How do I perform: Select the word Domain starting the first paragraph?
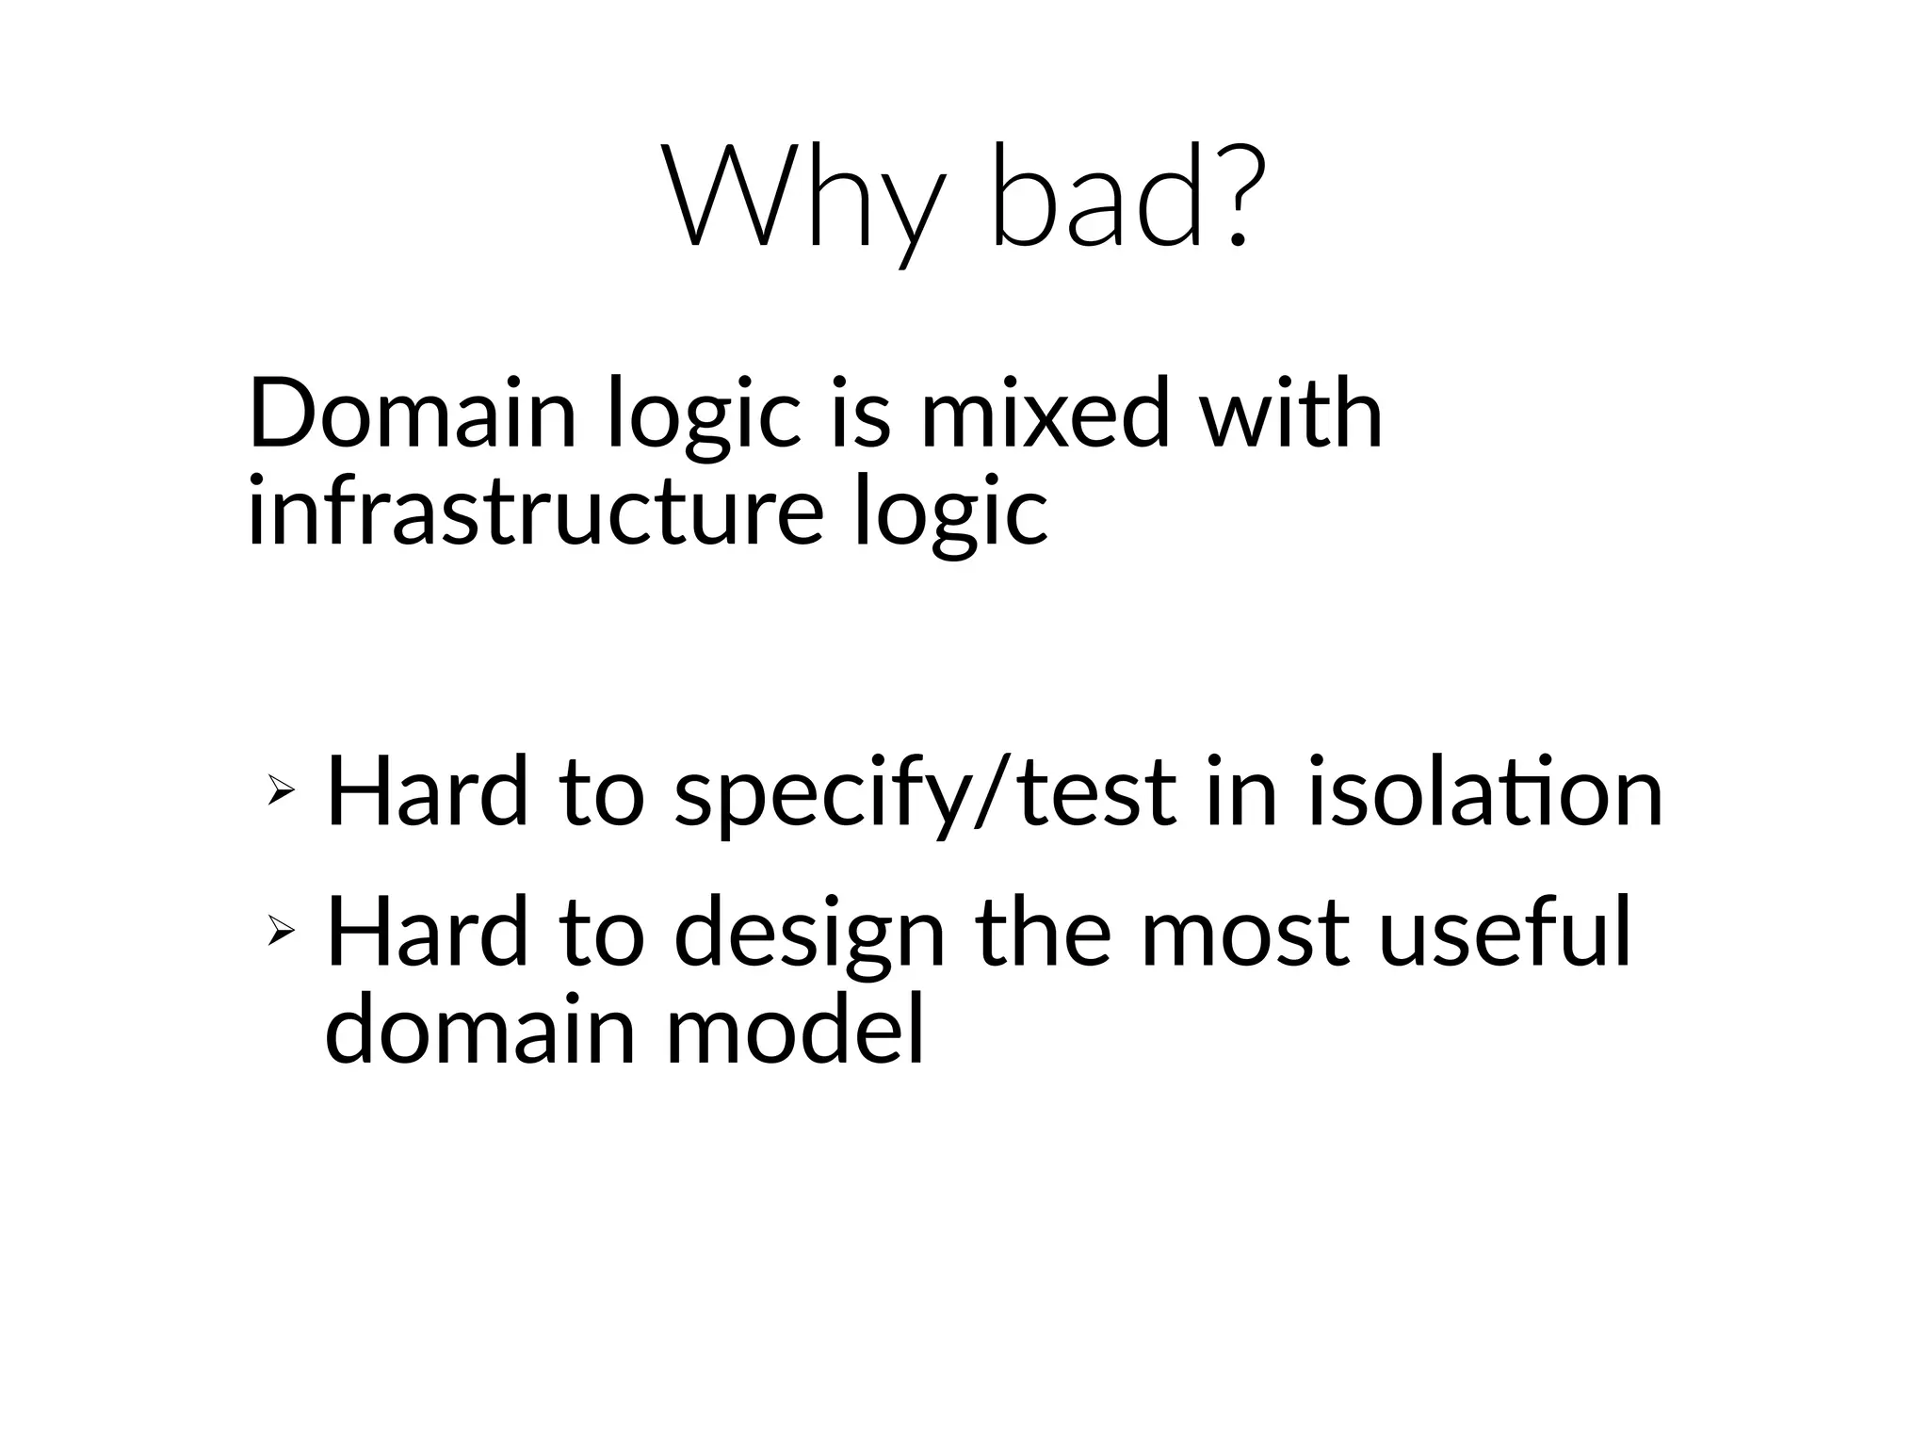pos(412,415)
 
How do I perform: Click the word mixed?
pos(1044,415)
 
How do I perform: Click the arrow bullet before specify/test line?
pos(280,793)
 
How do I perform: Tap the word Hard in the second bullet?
pos(427,933)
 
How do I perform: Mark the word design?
pos(809,937)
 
